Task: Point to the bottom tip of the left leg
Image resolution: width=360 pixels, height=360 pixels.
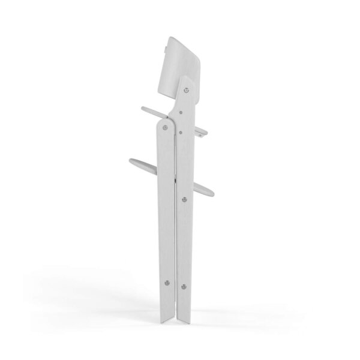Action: [x=171, y=317]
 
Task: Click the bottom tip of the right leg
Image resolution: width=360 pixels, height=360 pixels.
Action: [x=181, y=318]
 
